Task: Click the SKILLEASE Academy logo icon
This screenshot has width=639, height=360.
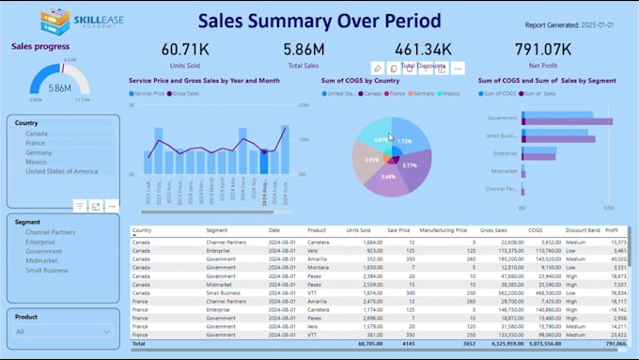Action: pyautogui.click(x=55, y=21)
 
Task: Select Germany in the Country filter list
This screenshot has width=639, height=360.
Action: pyautogui.click(x=39, y=152)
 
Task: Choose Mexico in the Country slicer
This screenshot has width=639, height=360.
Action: pyautogui.click(x=36, y=162)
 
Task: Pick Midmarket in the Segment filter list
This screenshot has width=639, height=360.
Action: pyautogui.click(x=41, y=260)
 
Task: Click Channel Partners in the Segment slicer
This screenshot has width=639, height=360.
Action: pyautogui.click(x=51, y=232)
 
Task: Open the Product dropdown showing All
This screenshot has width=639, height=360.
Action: pyautogui.click(x=64, y=331)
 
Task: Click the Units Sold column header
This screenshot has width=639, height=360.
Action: pyautogui.click(x=358, y=229)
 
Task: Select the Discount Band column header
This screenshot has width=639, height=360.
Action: pyautogui.click(x=583, y=229)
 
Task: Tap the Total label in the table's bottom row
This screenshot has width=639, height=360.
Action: pyautogui.click(x=140, y=344)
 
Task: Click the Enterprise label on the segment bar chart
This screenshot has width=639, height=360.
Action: pyautogui.click(x=506, y=152)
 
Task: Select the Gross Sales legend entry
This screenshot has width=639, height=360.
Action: pyautogui.click(x=185, y=93)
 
